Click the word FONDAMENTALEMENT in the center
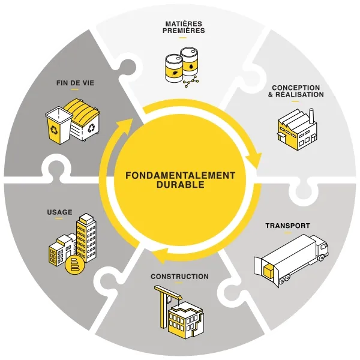180,175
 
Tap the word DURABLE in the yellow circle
180,185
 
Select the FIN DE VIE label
76,83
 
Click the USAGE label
59,212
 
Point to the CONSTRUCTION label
180,277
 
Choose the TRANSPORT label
287,226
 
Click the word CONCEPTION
296,88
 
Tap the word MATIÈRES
184,24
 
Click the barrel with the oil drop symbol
189,62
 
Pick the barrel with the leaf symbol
174,68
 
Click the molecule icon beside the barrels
191,82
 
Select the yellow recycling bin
58,125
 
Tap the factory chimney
311,116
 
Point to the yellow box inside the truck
269,271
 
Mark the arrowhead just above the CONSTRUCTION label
160,256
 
